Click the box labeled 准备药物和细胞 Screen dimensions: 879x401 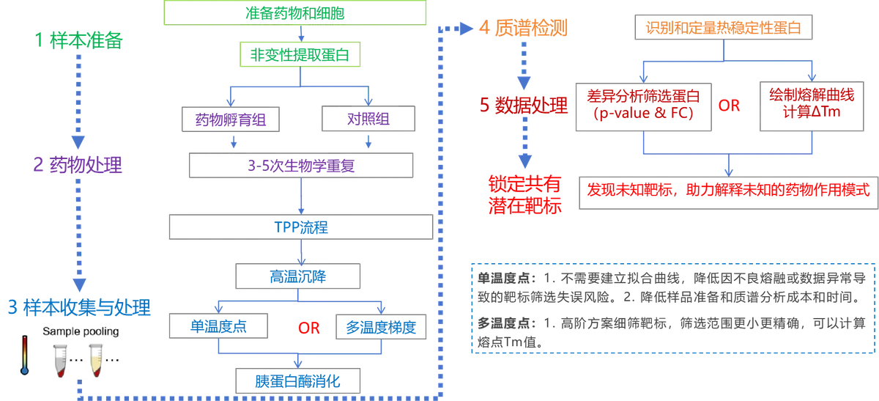(x=294, y=13)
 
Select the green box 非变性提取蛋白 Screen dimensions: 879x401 (x=300, y=54)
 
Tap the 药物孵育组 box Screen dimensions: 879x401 (x=231, y=119)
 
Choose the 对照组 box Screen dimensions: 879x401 (x=368, y=119)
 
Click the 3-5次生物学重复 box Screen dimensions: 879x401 (x=301, y=166)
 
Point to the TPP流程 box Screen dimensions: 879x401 (x=301, y=227)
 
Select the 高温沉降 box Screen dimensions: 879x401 (x=298, y=276)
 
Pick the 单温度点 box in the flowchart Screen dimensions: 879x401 (x=218, y=326)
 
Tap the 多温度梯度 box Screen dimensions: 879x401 (x=381, y=327)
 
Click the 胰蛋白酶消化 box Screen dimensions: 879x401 (x=298, y=381)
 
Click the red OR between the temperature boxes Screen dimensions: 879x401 (x=309, y=328)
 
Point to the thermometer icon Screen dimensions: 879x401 (x=25, y=355)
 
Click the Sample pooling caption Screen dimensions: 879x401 (x=81, y=331)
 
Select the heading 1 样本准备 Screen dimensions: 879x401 (x=78, y=40)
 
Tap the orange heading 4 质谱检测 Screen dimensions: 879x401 (x=523, y=28)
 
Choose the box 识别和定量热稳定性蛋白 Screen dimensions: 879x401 (x=724, y=27)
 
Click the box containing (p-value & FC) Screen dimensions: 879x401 (x=644, y=107)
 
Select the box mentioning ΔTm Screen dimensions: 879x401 (x=812, y=106)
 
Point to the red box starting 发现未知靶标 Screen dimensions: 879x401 (x=729, y=193)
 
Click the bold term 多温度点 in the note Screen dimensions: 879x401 (x=503, y=323)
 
